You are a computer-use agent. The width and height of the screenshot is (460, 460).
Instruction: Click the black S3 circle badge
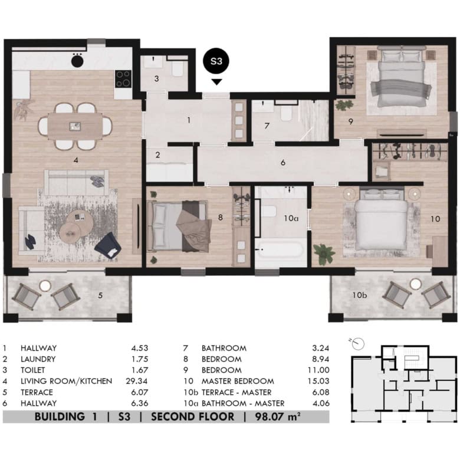216,61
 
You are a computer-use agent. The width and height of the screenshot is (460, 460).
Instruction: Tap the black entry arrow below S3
217,82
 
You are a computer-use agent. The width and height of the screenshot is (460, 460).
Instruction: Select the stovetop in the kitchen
123,79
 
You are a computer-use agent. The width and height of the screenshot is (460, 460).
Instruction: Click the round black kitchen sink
77,61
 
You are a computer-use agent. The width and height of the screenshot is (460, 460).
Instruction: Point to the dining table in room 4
75,126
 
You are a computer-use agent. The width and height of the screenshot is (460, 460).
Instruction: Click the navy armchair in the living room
108,246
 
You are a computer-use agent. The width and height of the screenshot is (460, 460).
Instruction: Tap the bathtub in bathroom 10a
280,250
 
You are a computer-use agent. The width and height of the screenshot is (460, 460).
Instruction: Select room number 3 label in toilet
157,78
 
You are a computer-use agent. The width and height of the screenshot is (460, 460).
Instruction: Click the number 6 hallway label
283,163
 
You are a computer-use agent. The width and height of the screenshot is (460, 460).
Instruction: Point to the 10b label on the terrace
359,295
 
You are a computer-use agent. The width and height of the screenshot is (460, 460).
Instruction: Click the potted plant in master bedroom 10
324,254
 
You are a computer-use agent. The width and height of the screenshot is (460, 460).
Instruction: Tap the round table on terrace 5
45,285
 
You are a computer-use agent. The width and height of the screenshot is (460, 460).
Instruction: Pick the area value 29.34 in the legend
137,381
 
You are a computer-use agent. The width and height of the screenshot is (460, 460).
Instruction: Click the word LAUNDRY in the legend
38,359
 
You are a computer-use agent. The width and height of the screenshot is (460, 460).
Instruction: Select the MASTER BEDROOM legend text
238,381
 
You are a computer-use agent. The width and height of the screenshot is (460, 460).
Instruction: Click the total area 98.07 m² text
278,416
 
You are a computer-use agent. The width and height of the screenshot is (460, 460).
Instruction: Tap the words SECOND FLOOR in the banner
192,416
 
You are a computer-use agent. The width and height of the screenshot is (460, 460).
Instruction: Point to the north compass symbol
357,343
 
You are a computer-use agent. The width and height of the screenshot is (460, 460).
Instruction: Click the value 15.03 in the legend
318,381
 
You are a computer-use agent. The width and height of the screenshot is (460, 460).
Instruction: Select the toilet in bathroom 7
286,113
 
